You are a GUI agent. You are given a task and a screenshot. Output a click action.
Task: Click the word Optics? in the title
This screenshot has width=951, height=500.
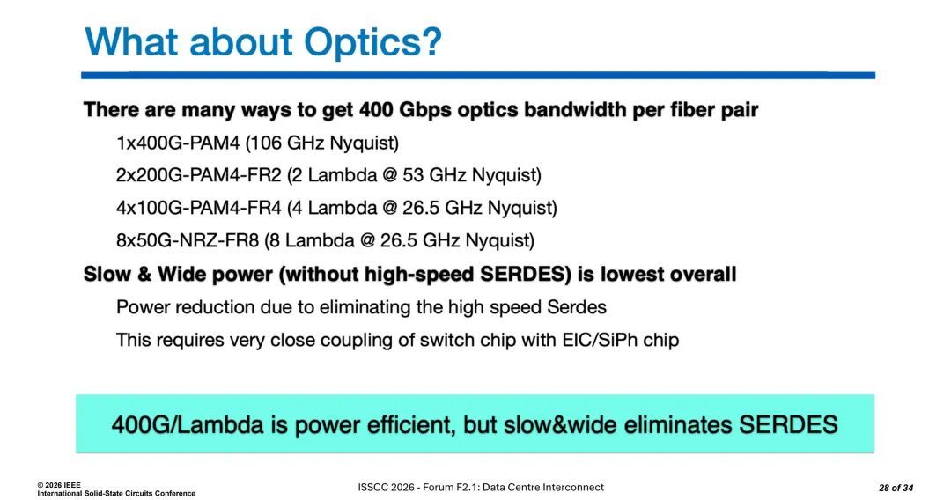pos(373,43)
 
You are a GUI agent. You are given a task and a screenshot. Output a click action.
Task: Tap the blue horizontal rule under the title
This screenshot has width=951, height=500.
pos(478,75)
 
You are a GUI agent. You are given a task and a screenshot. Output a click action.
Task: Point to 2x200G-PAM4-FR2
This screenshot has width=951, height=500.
pos(199,175)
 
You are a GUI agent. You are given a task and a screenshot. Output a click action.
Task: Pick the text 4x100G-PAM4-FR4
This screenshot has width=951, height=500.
pos(199,208)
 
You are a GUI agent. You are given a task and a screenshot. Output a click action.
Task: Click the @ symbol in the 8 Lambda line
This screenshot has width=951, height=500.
pos(367,240)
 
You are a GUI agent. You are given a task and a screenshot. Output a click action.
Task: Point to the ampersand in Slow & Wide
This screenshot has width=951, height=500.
pos(144,274)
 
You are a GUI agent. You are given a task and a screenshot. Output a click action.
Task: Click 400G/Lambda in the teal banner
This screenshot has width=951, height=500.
pos(188,424)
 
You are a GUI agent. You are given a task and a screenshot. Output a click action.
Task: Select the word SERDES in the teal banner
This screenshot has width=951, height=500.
pos(787,424)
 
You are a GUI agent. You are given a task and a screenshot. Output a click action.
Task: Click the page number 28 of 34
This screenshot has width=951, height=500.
pos(896,488)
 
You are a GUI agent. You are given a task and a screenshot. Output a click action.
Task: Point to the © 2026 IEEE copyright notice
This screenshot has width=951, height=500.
pos(59,485)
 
